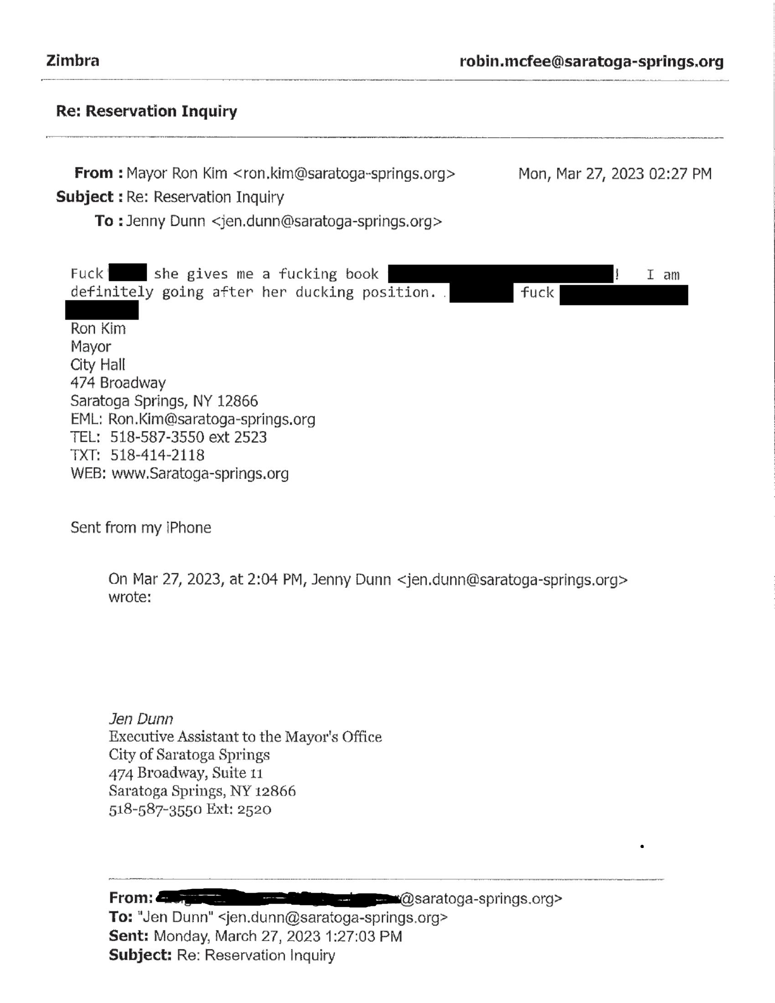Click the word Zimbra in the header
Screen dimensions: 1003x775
(72, 61)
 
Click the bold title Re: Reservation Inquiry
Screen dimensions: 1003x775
(146, 111)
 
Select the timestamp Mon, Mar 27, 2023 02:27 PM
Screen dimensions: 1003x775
(615, 174)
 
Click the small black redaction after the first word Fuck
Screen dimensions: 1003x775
(128, 272)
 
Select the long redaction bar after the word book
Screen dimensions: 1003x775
(501, 274)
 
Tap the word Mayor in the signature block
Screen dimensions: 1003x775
(90, 347)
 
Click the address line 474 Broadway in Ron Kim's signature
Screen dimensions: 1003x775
(118, 383)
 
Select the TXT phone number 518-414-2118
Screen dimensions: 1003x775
(157, 455)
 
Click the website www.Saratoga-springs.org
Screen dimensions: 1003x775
(200, 474)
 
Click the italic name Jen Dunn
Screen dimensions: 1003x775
(141, 719)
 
